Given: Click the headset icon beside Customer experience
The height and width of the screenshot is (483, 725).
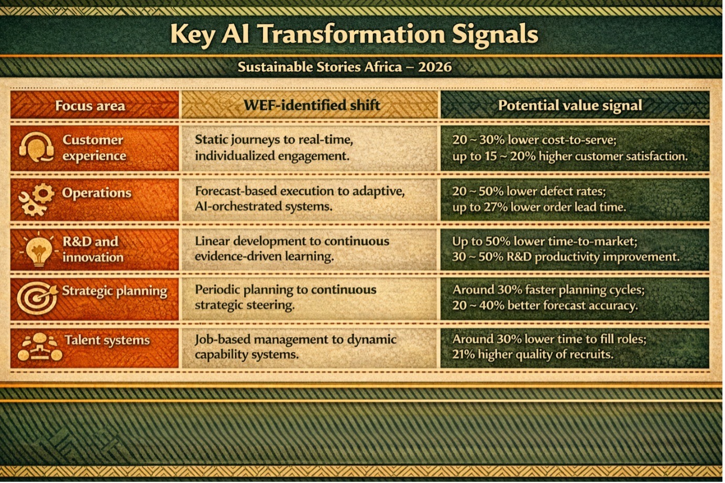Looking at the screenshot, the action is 36,147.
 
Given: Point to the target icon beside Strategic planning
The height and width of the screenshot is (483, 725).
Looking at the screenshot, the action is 37,298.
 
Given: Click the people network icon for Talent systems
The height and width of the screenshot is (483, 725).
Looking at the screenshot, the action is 39,347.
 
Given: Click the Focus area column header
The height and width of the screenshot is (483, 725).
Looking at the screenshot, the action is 90,105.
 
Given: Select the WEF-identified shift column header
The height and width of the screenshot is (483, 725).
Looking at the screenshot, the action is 312,105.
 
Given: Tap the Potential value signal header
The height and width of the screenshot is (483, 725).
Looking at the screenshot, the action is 570,105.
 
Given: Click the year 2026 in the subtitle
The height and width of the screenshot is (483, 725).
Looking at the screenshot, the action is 435,67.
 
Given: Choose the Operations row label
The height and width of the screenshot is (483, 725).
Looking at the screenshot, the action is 96,193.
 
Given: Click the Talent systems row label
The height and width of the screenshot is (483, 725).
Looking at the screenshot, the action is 107,340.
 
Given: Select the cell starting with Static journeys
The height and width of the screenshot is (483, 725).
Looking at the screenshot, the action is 310,148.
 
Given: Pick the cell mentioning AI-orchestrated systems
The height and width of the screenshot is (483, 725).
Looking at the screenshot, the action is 310,199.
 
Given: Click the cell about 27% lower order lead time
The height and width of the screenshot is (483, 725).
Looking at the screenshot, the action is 575,199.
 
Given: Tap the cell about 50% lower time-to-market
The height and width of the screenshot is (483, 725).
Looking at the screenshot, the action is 575,249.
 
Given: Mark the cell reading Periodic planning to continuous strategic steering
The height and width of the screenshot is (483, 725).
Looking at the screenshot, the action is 310,298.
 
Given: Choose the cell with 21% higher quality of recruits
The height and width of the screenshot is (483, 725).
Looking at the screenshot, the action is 575,347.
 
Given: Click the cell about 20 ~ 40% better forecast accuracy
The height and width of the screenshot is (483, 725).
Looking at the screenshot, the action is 575,298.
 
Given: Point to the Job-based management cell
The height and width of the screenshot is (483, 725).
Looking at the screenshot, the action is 310,347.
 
